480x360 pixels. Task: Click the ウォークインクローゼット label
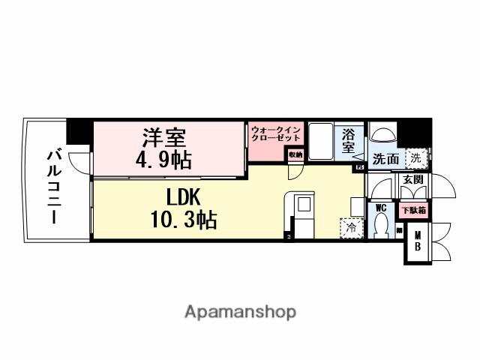276,134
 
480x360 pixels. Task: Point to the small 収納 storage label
295,154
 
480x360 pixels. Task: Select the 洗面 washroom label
386,159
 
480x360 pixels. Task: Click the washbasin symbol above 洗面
383,134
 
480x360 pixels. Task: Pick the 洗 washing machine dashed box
413,158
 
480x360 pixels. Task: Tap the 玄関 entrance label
412,179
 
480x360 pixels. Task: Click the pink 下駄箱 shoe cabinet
412,211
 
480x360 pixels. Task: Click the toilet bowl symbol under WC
382,225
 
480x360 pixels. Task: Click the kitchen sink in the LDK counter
304,205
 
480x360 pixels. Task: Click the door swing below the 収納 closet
295,169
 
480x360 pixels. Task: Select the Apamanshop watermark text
239,311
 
